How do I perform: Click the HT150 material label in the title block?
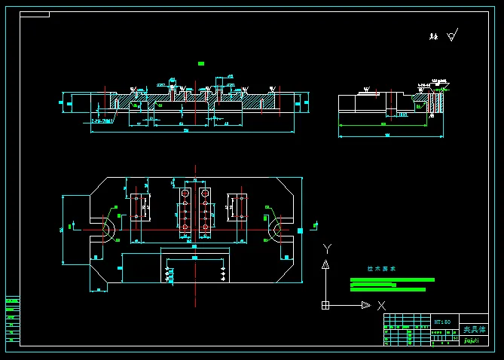[x=442, y=322]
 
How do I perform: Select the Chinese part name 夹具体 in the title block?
[x=474, y=329]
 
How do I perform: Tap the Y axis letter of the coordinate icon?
[x=326, y=248]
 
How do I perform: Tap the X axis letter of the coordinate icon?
[x=381, y=305]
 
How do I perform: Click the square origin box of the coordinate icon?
[x=325, y=305]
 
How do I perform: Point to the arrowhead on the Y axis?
[x=325, y=264]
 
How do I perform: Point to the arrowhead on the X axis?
[x=365, y=305]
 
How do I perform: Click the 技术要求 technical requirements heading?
[x=381, y=268]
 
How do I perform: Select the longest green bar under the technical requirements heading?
[x=393, y=279]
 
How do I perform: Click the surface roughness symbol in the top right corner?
[x=452, y=35]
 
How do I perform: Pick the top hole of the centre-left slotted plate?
[x=185, y=194]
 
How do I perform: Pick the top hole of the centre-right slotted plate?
[x=204, y=194]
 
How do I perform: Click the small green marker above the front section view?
[x=201, y=63]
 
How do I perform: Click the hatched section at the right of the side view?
[x=436, y=102]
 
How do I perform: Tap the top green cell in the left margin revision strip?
[x=12, y=301]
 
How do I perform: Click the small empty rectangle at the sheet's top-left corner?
[x=35, y=14]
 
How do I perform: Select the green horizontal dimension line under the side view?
[x=382, y=137]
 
